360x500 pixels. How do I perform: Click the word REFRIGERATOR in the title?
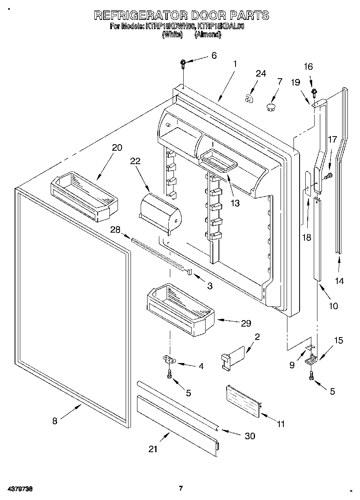click(140, 15)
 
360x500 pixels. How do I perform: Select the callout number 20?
click(117, 147)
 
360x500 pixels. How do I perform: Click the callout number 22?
click(135, 161)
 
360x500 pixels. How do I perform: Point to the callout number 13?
click(235, 203)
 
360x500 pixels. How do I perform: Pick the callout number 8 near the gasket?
click(55, 421)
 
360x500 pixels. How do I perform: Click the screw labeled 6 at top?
click(183, 63)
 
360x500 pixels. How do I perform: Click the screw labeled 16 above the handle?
click(313, 93)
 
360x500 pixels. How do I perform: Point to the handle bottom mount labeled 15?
click(311, 359)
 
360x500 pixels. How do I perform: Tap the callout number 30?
click(250, 436)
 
